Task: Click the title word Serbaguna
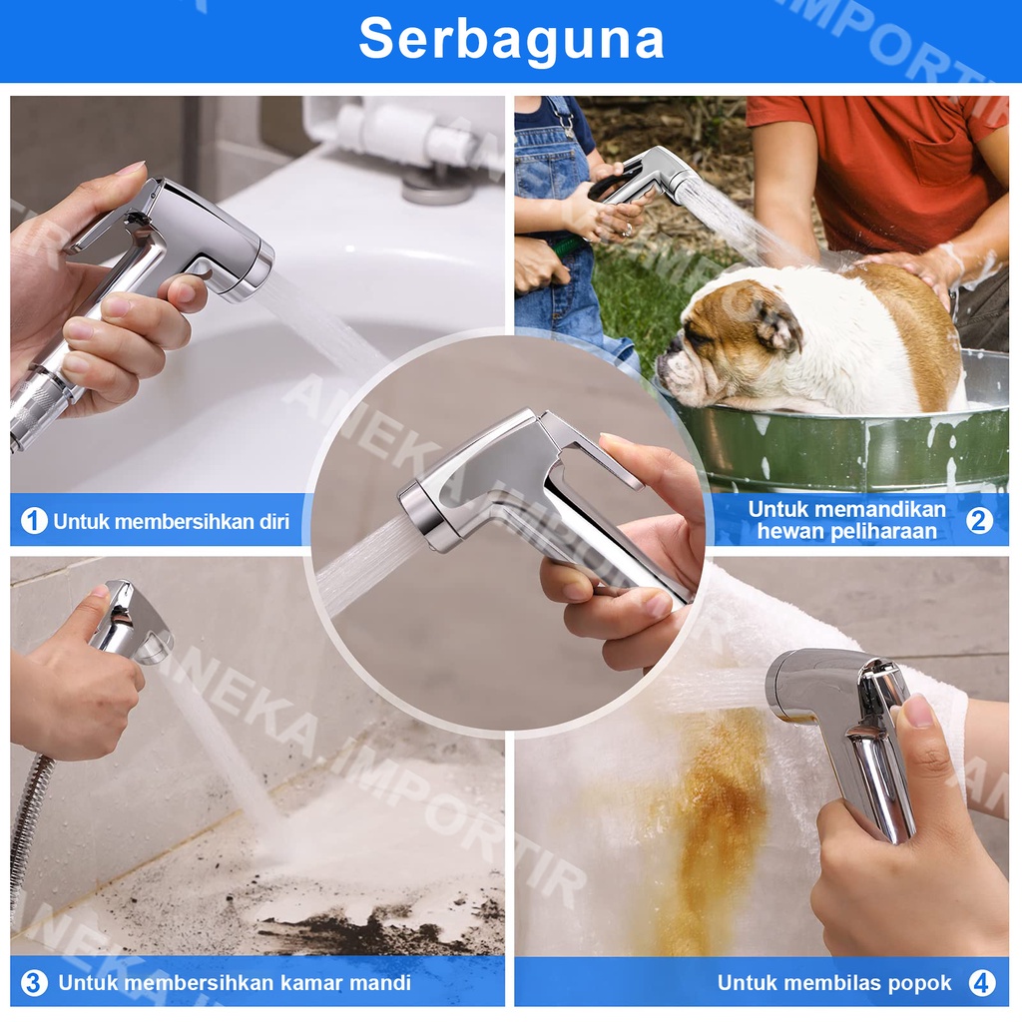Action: pos(511,39)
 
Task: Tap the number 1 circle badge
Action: pos(34,521)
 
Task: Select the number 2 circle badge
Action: pos(979,520)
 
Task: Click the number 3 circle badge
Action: pos(34,982)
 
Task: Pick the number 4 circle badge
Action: pos(982,982)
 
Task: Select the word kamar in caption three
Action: pos(312,982)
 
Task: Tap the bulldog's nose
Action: pos(666,364)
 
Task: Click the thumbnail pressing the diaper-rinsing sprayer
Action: pos(919,711)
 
